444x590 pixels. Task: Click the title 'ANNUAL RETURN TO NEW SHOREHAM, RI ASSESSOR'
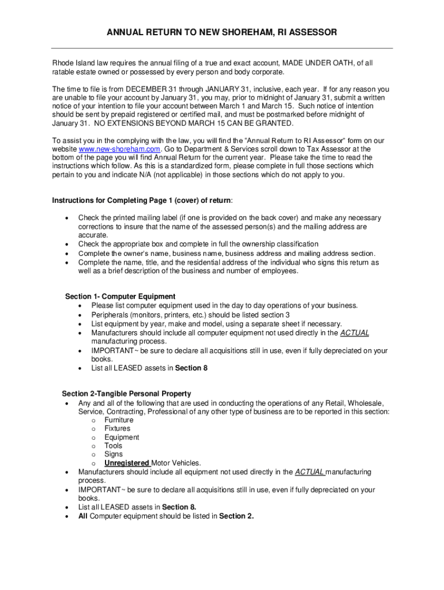(222, 33)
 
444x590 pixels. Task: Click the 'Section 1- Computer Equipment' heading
(120, 297)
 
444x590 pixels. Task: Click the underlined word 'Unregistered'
(127, 463)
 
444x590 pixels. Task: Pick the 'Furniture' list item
(119, 420)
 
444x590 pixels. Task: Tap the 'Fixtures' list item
(117, 429)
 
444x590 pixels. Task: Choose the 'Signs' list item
(114, 455)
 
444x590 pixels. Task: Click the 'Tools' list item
(113, 446)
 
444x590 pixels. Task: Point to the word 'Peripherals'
(110, 315)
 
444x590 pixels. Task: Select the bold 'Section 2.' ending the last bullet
(236, 516)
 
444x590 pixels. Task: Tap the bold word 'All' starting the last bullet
(83, 516)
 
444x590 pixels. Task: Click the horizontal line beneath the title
(222, 48)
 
